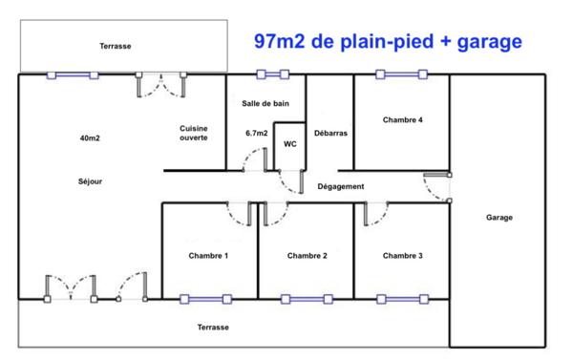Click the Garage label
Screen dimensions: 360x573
[x=499, y=218]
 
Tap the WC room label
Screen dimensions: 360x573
[x=289, y=145]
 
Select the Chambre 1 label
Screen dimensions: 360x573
[x=208, y=256]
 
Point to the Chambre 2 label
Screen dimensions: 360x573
[x=308, y=256]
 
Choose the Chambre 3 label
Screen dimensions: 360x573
[x=403, y=256]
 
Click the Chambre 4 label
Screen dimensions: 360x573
[x=403, y=120]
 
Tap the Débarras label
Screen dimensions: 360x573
[x=329, y=134]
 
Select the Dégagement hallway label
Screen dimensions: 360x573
[x=341, y=187]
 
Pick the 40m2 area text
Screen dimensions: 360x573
[x=90, y=138]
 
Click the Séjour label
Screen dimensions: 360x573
[x=90, y=181]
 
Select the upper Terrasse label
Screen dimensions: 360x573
[x=115, y=46]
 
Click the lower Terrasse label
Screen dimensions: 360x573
[x=213, y=328]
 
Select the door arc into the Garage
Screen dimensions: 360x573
[x=439, y=187]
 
